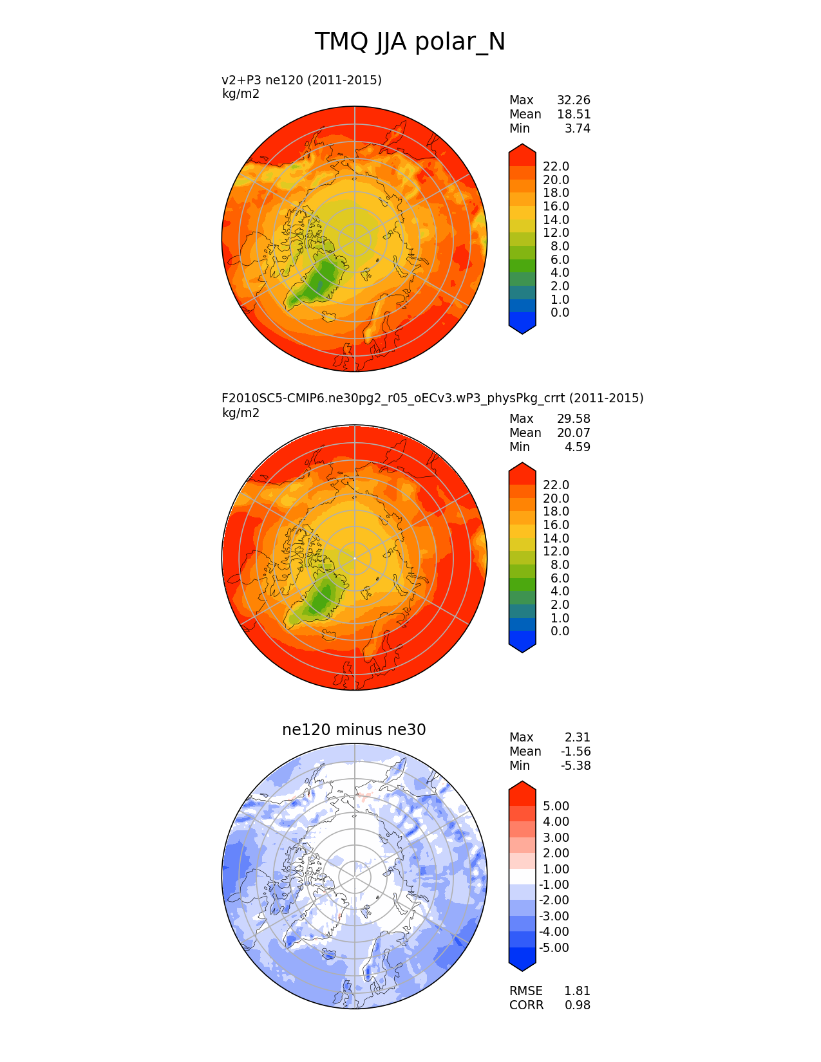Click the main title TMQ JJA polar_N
pyautogui.click(x=410, y=42)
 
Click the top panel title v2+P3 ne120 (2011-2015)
pyautogui.click(x=301, y=80)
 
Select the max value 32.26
pyautogui.click(x=573, y=100)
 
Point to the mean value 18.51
pyautogui.click(x=573, y=115)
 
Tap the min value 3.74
pyautogui.click(x=577, y=129)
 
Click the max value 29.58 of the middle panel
pyautogui.click(x=573, y=419)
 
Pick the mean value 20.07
pyautogui.click(x=573, y=433)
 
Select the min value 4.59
pyautogui.click(x=577, y=447)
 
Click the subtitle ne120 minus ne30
pyautogui.click(x=354, y=730)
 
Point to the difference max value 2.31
pyautogui.click(x=577, y=738)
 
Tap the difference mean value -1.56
pyautogui.click(x=575, y=752)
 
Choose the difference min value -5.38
pyautogui.click(x=575, y=766)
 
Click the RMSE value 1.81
pyautogui.click(x=577, y=991)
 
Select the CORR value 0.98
pyautogui.click(x=577, y=1005)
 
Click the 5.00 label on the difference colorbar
pyautogui.click(x=556, y=806)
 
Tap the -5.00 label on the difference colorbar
pyautogui.click(x=554, y=948)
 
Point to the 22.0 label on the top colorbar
pyautogui.click(x=556, y=167)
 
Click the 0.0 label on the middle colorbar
pyautogui.click(x=560, y=631)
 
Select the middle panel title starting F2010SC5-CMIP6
pyautogui.click(x=432, y=398)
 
